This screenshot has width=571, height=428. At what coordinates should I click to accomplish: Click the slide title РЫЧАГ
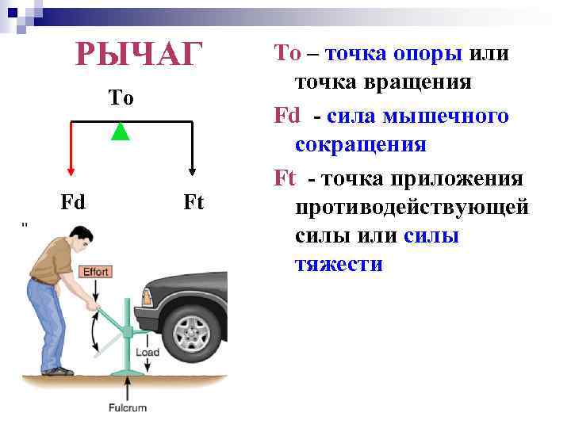[x=139, y=55]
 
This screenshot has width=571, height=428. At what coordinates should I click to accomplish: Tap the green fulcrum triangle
[x=120, y=132]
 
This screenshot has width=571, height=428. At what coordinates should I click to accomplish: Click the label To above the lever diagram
[x=121, y=97]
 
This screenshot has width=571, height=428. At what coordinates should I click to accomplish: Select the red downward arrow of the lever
[x=71, y=151]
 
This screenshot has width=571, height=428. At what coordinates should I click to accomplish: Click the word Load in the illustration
[x=148, y=352]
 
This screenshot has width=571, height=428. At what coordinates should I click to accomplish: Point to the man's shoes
[x=57, y=370]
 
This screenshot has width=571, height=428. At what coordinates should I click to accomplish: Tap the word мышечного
[x=445, y=116]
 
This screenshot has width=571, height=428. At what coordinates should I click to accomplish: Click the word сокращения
[x=361, y=145]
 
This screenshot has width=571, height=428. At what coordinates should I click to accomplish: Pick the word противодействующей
[x=412, y=207]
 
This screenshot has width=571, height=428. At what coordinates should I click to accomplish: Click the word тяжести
[x=339, y=264]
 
